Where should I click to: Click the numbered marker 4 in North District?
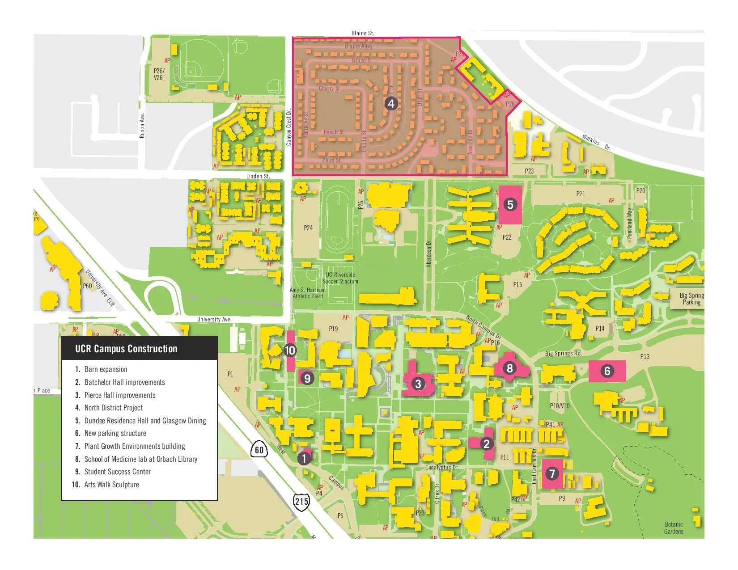tap(391, 104)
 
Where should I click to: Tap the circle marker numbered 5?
tap(510, 205)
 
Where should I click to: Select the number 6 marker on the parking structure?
tap(607, 371)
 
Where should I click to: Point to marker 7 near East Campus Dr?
tap(552, 473)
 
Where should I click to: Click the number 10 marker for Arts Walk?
tap(290, 350)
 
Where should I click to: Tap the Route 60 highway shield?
tap(259, 450)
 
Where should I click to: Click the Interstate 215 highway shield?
tap(301, 501)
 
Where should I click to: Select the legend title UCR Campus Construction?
tap(126, 349)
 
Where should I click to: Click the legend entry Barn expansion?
tap(106, 369)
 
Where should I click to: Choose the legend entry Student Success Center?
tap(117, 472)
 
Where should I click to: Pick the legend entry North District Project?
tap(113, 408)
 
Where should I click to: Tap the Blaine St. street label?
tap(362, 33)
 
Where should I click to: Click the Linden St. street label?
tap(258, 176)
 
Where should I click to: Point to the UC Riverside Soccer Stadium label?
tap(340, 278)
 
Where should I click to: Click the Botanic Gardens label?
tap(674, 528)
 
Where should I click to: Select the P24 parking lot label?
tap(308, 228)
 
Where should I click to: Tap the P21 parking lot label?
tap(580, 194)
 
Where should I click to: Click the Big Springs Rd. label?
tap(563, 353)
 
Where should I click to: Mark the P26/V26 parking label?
tap(158, 74)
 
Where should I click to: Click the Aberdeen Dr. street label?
tap(428, 253)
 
